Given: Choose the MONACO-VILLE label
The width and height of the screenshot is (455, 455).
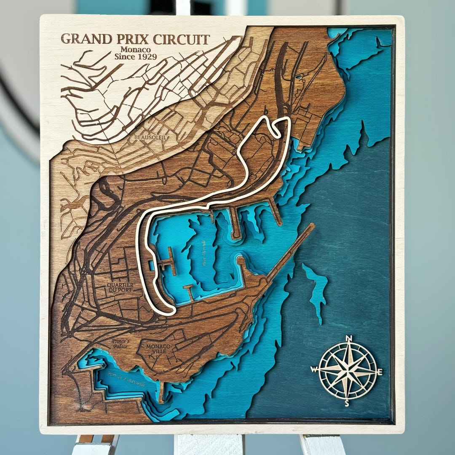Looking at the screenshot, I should click(x=158, y=349).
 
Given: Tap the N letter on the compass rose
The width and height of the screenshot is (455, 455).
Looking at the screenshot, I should click(x=348, y=338).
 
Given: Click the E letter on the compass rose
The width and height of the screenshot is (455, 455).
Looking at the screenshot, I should click(x=380, y=372).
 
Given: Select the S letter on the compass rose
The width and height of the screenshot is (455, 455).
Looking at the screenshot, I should click(x=347, y=404).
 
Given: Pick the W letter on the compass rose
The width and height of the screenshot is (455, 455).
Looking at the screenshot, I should click(x=313, y=369).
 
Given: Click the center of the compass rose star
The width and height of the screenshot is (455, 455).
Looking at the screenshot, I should click(x=348, y=371).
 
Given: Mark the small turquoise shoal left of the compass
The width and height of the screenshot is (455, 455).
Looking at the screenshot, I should click(x=317, y=291).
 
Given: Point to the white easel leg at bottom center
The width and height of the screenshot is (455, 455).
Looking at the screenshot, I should click(x=209, y=444).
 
